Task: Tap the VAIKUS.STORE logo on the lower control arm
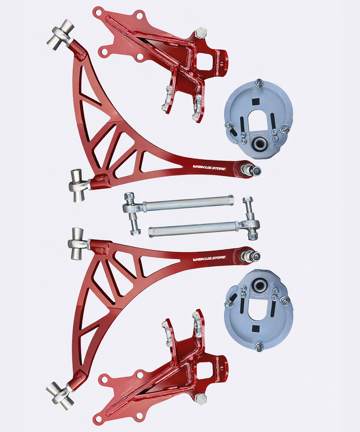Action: (x=210, y=258)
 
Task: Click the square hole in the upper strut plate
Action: (x=256, y=102)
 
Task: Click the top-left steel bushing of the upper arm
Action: (x=60, y=35)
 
